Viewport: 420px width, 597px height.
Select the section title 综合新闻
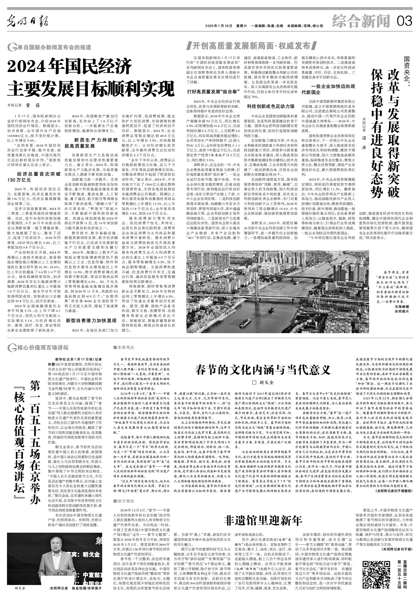tap(361, 22)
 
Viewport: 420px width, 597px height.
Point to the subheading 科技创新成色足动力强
tap(270, 106)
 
